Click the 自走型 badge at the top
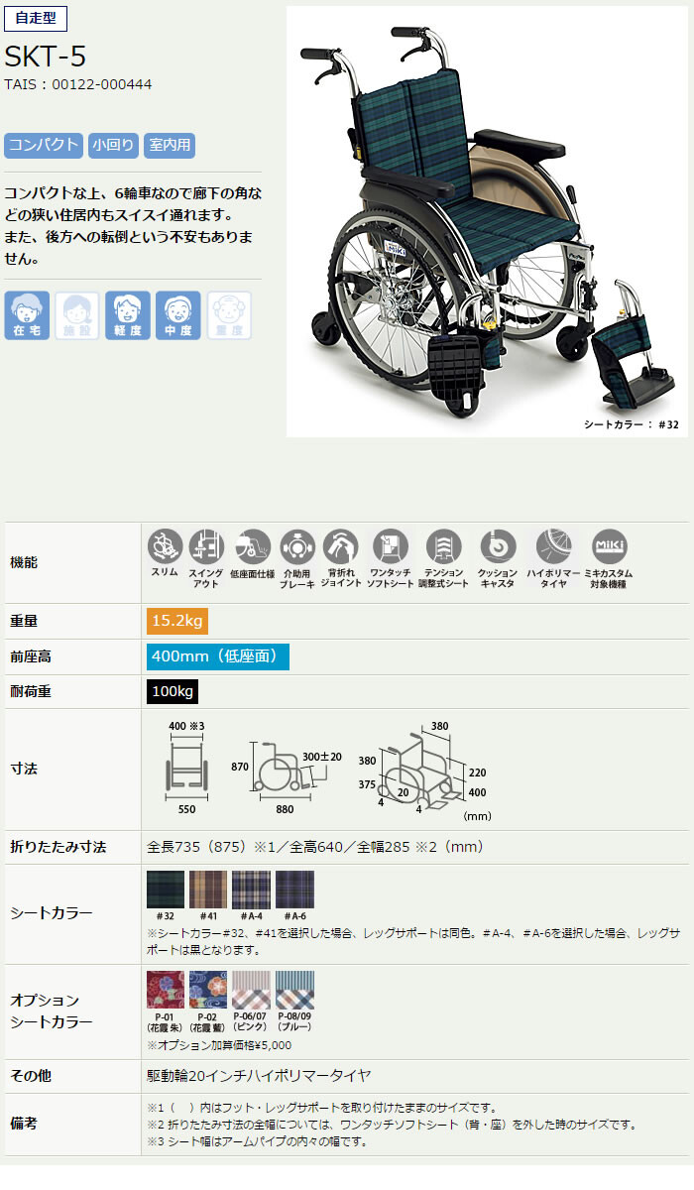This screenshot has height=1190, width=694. (x=36, y=20)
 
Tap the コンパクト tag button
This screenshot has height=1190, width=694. (x=43, y=145)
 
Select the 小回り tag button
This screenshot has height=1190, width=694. (x=113, y=145)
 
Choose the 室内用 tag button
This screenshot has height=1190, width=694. (x=169, y=145)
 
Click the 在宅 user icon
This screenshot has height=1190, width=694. (x=27, y=315)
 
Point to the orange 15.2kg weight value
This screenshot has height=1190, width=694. (x=177, y=621)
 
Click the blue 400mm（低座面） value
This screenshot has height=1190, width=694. (x=218, y=655)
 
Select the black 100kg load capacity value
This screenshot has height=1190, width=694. (x=173, y=691)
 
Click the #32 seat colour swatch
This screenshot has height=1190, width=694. (x=164, y=890)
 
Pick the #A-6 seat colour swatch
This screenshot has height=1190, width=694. (x=294, y=890)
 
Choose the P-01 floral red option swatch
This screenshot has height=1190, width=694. (x=164, y=990)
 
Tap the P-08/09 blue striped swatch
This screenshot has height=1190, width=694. (x=294, y=990)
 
